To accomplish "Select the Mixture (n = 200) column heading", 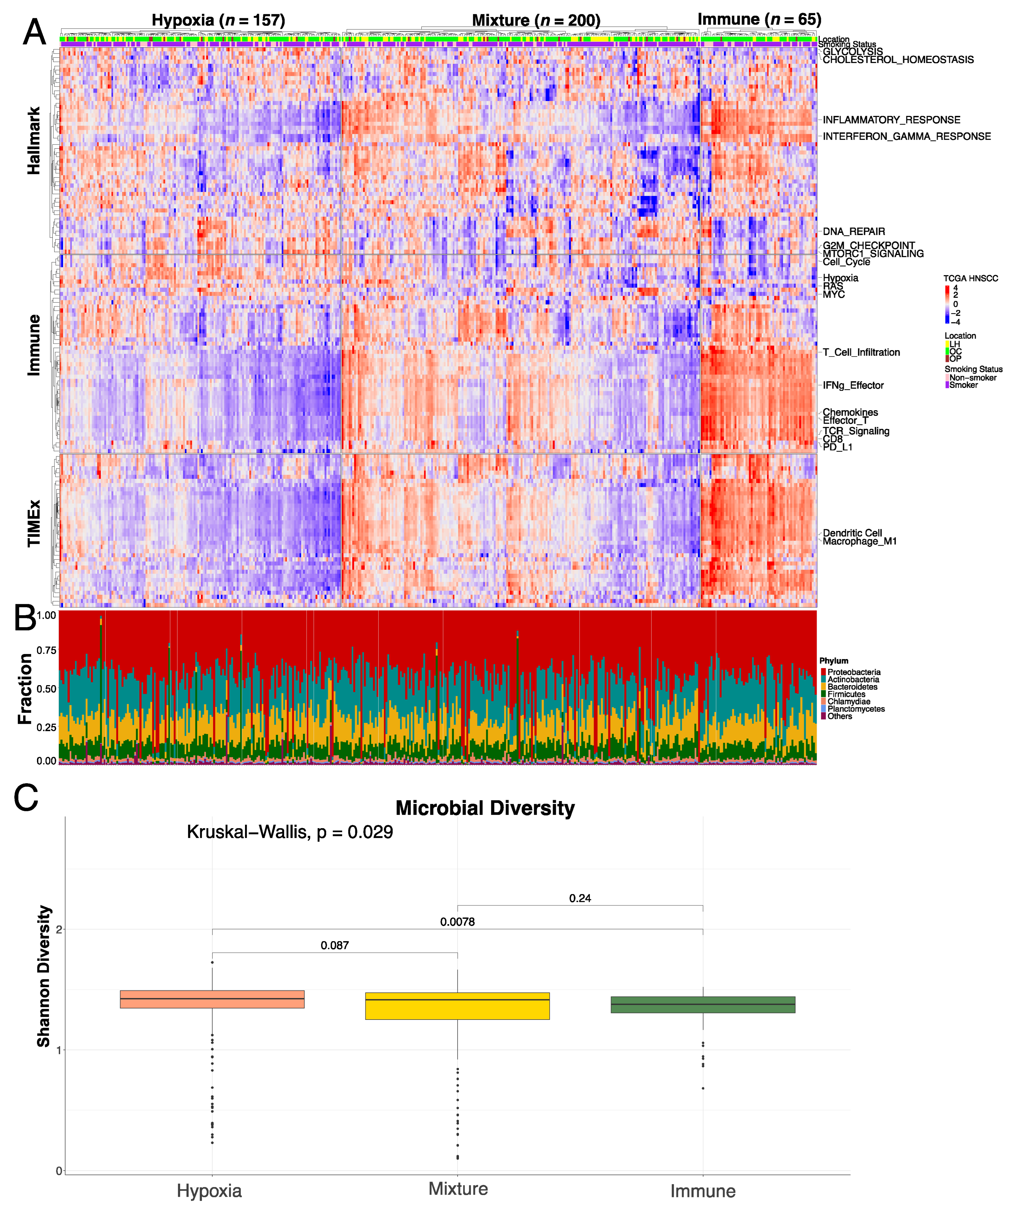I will tap(536, 21).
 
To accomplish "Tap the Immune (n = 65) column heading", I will tap(759, 20).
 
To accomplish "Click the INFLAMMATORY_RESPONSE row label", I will tap(891, 120).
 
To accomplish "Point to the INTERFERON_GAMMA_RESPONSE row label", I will tap(906, 137).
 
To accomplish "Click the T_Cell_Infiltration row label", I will tap(861, 352).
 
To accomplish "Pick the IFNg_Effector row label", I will tap(853, 385).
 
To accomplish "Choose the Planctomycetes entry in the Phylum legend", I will tap(856, 709).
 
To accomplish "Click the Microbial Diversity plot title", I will tap(485, 808).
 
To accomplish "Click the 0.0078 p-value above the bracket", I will tap(457, 922).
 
